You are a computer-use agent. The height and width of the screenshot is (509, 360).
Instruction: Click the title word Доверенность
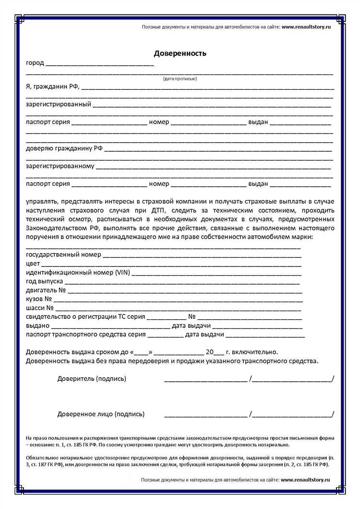click(x=180, y=53)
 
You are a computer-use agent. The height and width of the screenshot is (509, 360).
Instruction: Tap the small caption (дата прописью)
click(x=180, y=78)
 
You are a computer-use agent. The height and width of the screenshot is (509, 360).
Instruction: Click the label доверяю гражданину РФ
click(x=64, y=148)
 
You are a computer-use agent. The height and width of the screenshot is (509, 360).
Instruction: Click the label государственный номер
click(x=63, y=254)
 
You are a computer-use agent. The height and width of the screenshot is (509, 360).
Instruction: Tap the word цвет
click(x=33, y=264)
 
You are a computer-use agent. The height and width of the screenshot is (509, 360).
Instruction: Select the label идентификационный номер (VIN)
click(x=77, y=273)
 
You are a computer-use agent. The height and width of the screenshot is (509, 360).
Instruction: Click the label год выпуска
click(x=44, y=281)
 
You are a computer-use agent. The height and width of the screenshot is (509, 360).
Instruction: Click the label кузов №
click(x=39, y=299)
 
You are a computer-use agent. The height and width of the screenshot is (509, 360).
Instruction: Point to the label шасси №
click(x=40, y=308)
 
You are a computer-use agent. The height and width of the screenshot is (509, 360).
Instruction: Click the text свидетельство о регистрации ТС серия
click(x=84, y=317)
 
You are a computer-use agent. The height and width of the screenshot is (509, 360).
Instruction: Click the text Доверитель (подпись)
click(x=92, y=379)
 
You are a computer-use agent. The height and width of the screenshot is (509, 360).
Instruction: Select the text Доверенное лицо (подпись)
click(x=101, y=414)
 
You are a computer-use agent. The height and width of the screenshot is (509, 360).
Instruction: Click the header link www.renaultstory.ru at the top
click(x=306, y=27)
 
